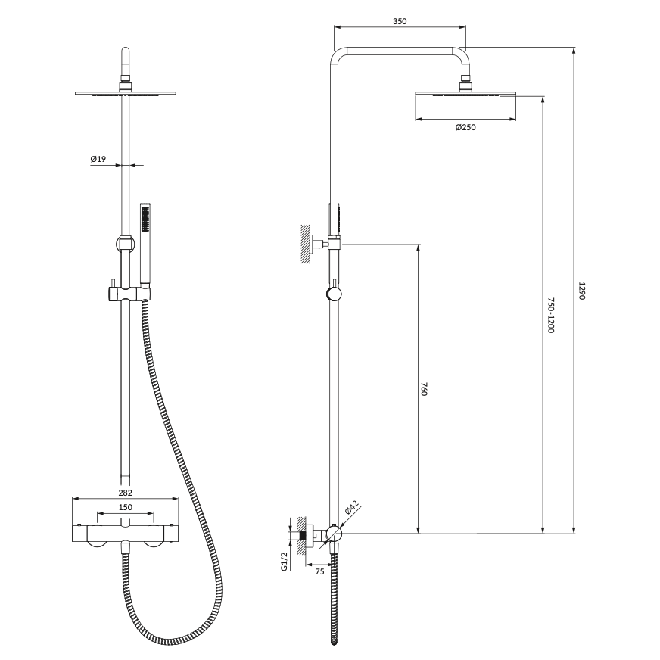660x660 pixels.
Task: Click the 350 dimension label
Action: tap(400, 21)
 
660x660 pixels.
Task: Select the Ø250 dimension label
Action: tap(465, 127)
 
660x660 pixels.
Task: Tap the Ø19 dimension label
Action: tap(98, 159)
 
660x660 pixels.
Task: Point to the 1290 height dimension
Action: tap(581, 291)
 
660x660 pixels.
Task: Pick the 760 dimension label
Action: tap(424, 389)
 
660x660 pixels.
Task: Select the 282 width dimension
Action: tap(125, 493)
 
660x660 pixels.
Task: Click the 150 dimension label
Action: tap(125, 507)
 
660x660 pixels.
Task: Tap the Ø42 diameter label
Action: tap(351, 507)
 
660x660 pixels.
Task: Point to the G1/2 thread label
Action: tap(284, 562)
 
